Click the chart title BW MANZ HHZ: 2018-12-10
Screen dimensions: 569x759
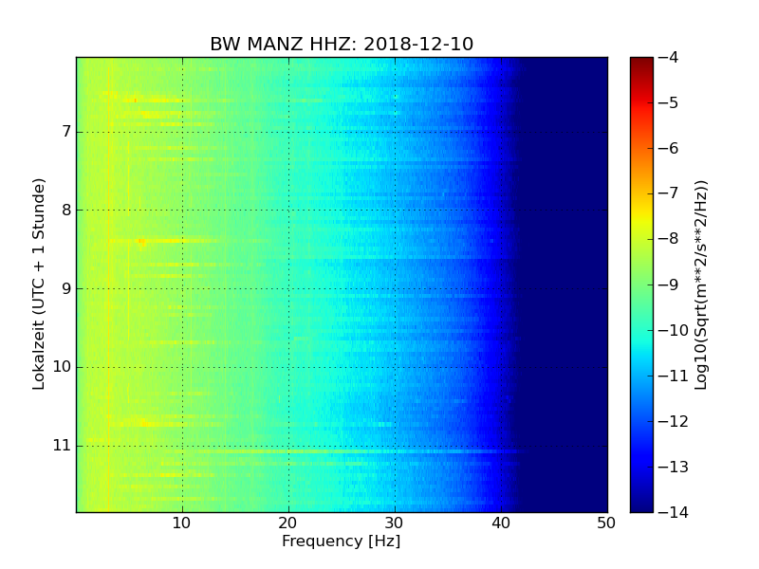pos(342,45)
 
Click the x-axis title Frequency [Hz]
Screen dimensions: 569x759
pos(341,541)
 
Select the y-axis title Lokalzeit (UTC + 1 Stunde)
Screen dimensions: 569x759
pos(39,284)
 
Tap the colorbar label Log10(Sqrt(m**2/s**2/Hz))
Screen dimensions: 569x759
pos(702,284)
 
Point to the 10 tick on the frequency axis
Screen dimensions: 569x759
pos(182,523)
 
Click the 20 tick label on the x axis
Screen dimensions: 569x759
pos(288,523)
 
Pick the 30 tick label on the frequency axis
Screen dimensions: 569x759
pos(395,523)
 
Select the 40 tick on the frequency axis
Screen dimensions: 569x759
pos(501,523)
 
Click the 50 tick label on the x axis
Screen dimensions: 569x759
pos(606,523)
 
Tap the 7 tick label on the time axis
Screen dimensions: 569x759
pos(66,132)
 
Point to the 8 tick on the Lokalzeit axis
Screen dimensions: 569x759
pos(66,210)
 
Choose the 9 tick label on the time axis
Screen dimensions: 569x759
pos(66,288)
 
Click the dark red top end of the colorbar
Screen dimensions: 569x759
pos(641,61)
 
